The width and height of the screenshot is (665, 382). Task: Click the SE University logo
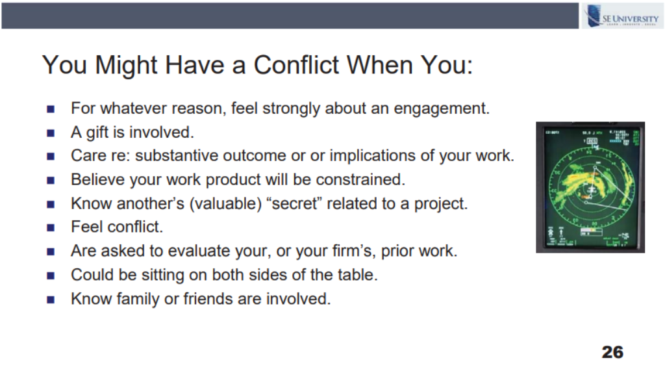tap(622, 16)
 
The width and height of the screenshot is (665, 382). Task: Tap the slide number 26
tap(612, 352)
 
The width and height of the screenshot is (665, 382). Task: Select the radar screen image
tap(590, 187)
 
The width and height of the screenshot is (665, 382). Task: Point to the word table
tap(357, 275)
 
